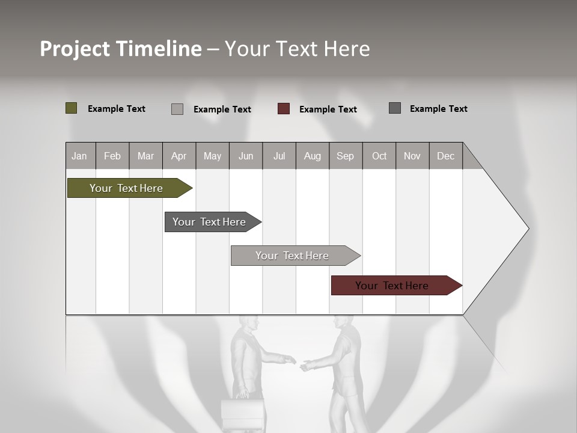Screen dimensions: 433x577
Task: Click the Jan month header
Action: tap(79, 156)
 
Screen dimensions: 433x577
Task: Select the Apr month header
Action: tap(179, 156)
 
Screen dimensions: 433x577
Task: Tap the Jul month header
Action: tap(279, 156)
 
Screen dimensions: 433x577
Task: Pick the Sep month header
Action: tap(345, 156)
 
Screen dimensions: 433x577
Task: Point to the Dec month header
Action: tap(445, 156)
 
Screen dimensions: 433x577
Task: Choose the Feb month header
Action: tap(112, 156)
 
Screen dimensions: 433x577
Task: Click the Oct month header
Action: tap(379, 156)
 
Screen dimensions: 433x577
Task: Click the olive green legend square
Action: tap(72, 108)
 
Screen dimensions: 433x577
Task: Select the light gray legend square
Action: tap(177, 109)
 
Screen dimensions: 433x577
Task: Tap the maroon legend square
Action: tap(284, 109)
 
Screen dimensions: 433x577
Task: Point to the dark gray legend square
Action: tap(395, 108)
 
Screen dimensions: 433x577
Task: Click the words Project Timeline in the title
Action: tap(121, 49)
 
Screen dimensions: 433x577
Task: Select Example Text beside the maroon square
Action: tap(328, 109)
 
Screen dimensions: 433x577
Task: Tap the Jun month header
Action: tap(246, 156)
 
